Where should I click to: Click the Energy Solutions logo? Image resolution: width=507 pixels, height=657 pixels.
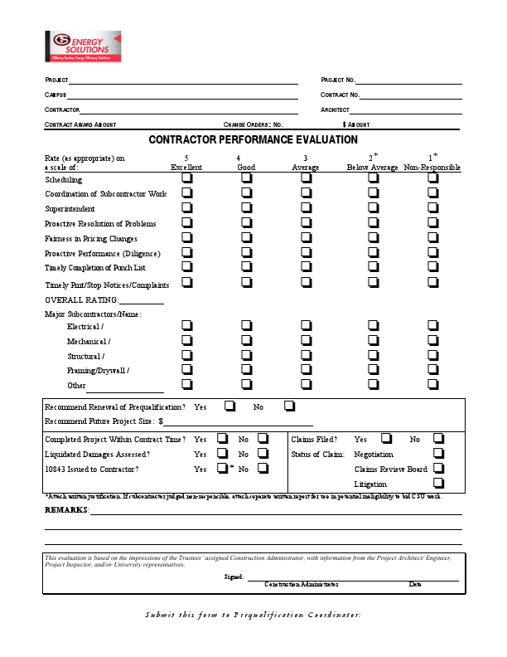[x=83, y=47]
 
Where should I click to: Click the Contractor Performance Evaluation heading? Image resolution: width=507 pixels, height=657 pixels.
[x=254, y=140]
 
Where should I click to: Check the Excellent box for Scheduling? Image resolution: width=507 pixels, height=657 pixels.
[x=187, y=178]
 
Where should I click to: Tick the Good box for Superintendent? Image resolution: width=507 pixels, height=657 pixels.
[x=246, y=207]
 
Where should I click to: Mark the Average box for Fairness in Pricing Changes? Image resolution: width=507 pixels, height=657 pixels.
[x=306, y=237]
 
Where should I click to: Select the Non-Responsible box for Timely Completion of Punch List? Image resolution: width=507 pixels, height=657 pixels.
[x=432, y=266]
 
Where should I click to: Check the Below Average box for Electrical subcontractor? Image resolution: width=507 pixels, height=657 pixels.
[x=372, y=326]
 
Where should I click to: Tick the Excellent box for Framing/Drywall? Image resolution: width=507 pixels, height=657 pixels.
[x=187, y=370]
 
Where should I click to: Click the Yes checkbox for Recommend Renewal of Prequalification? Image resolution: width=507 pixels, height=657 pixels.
[x=229, y=406]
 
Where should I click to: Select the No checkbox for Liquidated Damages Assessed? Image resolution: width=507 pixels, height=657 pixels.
[x=263, y=454]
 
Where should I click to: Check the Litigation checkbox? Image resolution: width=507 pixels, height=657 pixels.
[x=438, y=483]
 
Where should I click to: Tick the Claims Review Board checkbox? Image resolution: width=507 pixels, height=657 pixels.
[x=438, y=469]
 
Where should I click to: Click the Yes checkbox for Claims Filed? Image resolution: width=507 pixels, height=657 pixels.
[x=386, y=438]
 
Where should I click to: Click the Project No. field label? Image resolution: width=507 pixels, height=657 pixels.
[x=337, y=80]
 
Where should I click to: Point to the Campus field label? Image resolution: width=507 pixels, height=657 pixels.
[x=56, y=95]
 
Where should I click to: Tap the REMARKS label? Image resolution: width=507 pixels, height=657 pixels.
[x=65, y=509]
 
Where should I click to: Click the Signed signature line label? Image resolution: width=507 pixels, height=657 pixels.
[x=234, y=576]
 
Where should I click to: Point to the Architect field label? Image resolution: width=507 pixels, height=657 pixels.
[x=335, y=110]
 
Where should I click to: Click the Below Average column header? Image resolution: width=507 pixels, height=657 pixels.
[x=372, y=168]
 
